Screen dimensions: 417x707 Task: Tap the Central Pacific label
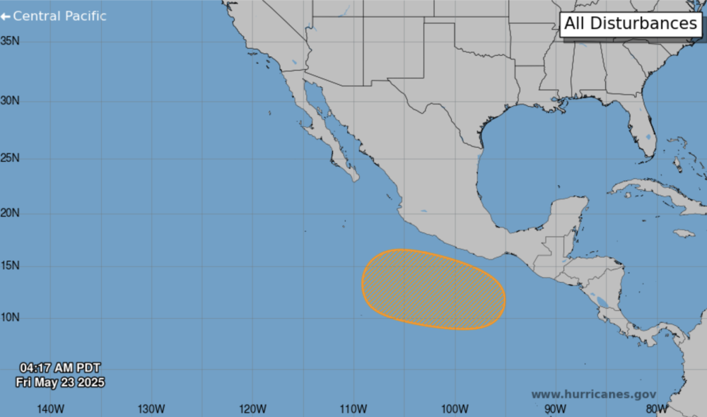pos(54,16)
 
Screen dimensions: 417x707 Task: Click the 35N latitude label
pos(10,40)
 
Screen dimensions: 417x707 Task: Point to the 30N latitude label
pos(10,100)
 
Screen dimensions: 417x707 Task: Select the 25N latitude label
pos(10,158)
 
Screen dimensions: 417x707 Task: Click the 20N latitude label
pos(10,213)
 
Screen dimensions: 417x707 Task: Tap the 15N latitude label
pos(10,266)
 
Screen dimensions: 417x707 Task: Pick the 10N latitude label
pos(10,317)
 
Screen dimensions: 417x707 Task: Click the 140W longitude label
pos(51,409)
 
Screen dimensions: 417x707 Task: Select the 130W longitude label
pos(151,409)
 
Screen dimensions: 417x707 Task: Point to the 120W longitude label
pos(252,409)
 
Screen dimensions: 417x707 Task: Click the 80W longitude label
pos(656,409)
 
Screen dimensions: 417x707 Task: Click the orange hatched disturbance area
pos(433,289)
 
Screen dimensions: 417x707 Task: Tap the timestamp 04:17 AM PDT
pos(60,368)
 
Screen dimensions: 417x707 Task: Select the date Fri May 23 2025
pos(60,382)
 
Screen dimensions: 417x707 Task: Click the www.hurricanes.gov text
pos(593,394)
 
